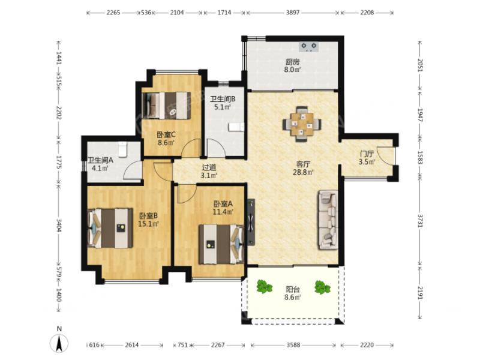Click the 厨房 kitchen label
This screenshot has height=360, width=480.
point(292,62)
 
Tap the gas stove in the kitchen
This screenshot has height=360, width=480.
point(308,47)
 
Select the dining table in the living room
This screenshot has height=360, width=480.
point(302,124)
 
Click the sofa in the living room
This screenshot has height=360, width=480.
point(328,220)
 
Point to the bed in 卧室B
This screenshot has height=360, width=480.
point(110,228)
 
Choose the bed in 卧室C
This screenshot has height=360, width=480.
point(167,106)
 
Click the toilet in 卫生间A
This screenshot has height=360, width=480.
point(122,149)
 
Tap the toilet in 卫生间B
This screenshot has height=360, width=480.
point(236,127)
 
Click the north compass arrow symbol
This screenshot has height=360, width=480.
point(59,343)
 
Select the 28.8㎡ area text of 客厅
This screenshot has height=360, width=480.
point(303,172)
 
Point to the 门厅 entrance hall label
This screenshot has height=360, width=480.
point(367,154)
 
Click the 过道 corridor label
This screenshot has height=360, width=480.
point(209,167)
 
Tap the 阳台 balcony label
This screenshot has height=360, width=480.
point(292,289)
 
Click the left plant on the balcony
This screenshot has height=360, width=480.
point(264,287)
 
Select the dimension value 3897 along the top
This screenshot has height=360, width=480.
point(293,13)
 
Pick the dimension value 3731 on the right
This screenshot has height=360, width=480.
point(419,220)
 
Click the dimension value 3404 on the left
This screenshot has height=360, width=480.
point(59,224)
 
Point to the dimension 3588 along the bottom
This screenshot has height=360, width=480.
point(293,345)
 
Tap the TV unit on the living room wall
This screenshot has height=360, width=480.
point(251,222)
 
